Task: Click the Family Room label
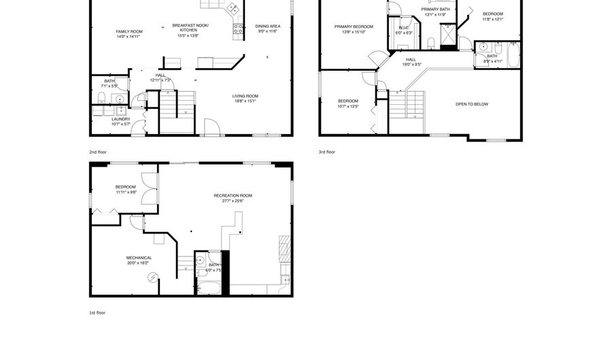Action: click(x=129, y=31)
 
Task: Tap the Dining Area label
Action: click(x=267, y=26)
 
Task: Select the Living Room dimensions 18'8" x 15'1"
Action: click(x=245, y=101)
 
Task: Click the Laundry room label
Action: click(x=121, y=118)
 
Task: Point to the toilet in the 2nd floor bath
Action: click(x=100, y=98)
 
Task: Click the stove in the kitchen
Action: click(x=239, y=29)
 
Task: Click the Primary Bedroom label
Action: click(x=353, y=27)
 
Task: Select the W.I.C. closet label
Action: click(x=404, y=28)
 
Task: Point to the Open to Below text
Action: click(x=472, y=104)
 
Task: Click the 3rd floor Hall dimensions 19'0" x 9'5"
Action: click(x=411, y=65)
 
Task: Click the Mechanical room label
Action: click(x=139, y=257)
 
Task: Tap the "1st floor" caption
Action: click(x=97, y=312)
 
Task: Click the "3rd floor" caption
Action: click(x=326, y=152)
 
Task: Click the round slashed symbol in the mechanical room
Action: click(x=153, y=276)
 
